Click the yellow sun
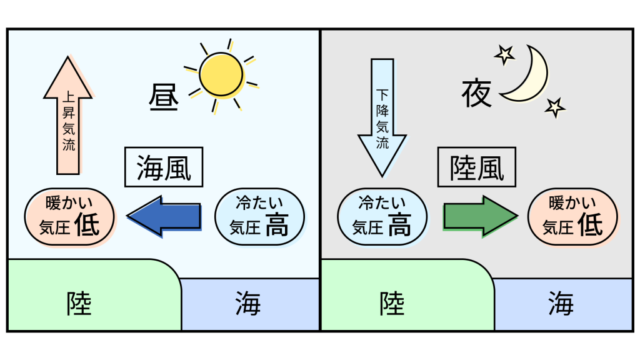click(221, 75)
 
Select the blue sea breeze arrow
click(164, 216)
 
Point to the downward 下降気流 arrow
click(382, 118)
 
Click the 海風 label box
click(164, 167)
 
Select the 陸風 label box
click(477, 167)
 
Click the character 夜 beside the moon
click(476, 94)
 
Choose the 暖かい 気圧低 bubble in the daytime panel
click(69, 217)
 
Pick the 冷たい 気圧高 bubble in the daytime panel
click(259, 217)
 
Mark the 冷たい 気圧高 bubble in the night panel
click(382, 217)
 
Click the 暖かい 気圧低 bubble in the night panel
click(572, 217)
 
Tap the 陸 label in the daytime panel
click(79, 304)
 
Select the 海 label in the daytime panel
click(247, 304)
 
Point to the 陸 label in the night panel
click(392, 304)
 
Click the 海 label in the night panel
click(561, 304)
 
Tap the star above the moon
click(504, 55)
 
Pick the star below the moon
click(555, 107)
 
